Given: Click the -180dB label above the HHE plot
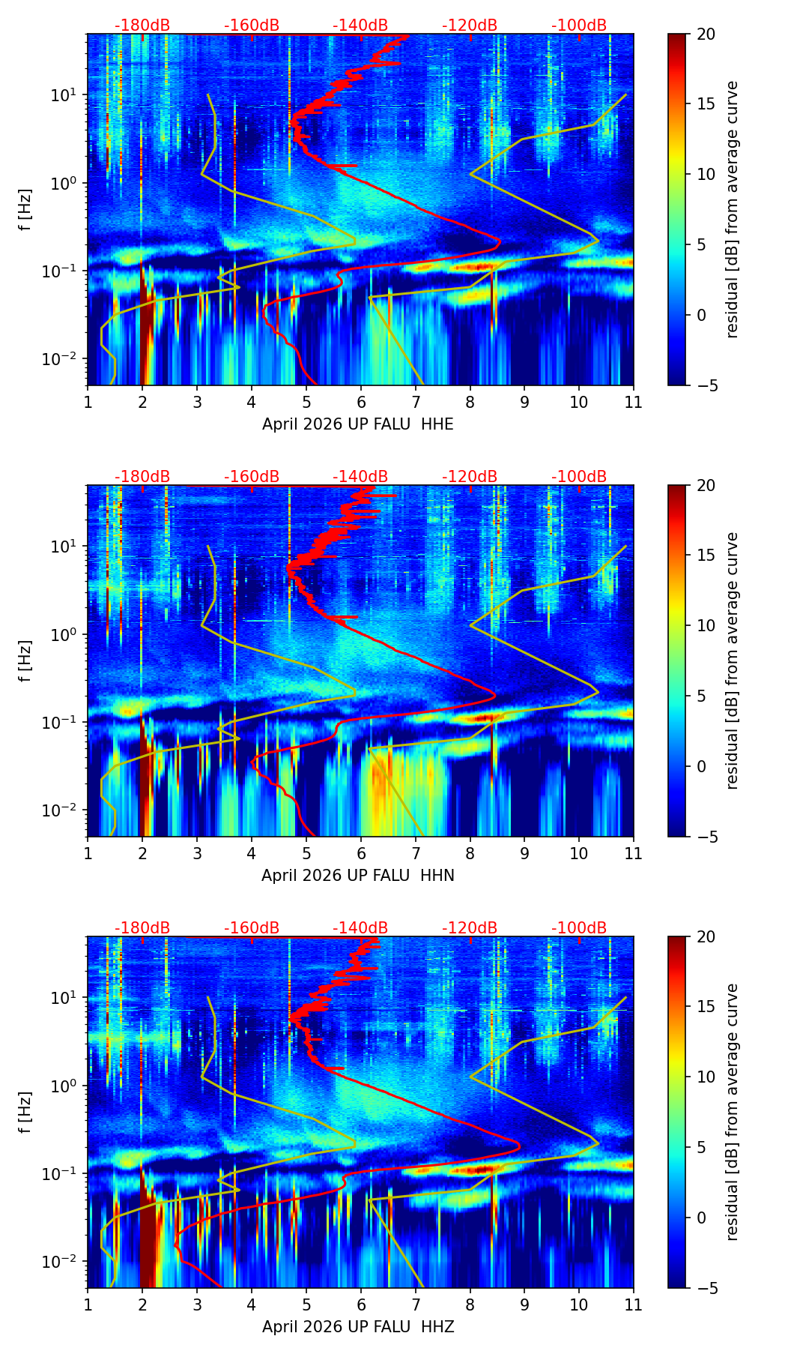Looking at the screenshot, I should click(x=142, y=25).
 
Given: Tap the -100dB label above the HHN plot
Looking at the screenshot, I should click(x=579, y=477).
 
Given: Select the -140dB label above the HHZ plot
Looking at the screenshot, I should click(x=360, y=928).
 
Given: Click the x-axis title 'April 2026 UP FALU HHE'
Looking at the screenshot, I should click(x=357, y=424).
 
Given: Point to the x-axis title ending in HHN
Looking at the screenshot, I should click(x=357, y=876).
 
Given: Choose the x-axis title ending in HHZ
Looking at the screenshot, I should click(x=357, y=1327).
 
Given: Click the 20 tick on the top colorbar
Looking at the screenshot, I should click(x=706, y=34).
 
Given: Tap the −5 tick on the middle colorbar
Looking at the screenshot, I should click(x=706, y=837).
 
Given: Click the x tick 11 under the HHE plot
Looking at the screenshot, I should click(x=633, y=402).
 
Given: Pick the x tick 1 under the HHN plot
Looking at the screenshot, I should click(x=88, y=853).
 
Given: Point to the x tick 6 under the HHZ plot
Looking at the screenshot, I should click(x=360, y=1305).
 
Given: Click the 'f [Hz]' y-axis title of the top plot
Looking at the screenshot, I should click(x=25, y=210).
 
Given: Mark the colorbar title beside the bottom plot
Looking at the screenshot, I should click(x=733, y=1112).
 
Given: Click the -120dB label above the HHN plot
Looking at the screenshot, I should click(x=470, y=477).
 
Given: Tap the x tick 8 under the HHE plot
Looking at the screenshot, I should click(x=470, y=402).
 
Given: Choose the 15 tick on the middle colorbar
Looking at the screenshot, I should click(x=706, y=555).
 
